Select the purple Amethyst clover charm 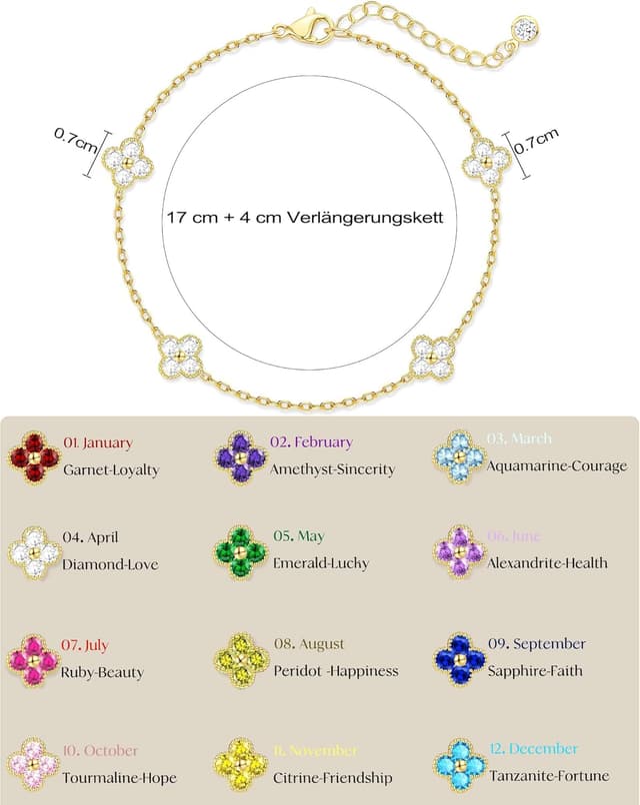(x=241, y=457)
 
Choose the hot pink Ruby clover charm (x=34, y=660)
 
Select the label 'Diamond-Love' (x=110, y=564)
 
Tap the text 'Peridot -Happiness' (x=336, y=671)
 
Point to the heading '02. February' (x=311, y=441)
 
